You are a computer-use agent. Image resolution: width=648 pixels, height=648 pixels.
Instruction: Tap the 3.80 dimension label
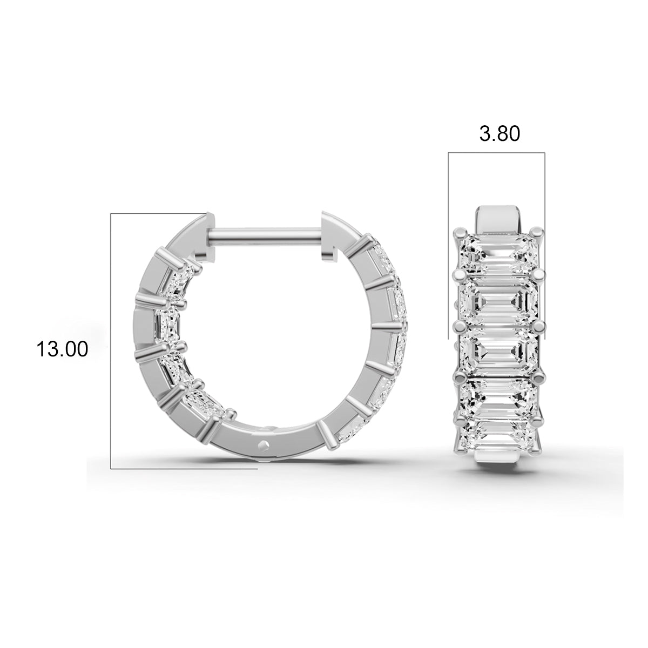click(x=500, y=133)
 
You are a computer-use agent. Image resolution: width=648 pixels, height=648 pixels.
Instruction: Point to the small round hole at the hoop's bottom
click(x=264, y=444)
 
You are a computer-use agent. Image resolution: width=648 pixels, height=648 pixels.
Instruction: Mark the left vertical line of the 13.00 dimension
click(x=111, y=340)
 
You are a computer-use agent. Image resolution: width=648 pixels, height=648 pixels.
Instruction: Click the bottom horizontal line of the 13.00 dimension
click(x=184, y=469)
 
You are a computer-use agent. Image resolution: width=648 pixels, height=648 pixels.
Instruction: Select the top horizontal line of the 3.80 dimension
click(x=497, y=153)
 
